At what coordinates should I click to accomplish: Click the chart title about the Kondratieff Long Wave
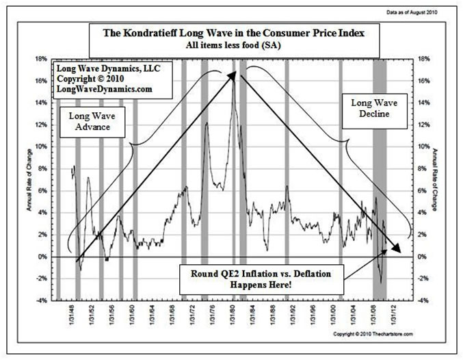click(233, 33)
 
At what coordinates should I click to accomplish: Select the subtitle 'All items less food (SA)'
click(232, 44)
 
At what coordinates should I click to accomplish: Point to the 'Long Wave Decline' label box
click(369, 109)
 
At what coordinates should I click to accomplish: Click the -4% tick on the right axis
click(423, 300)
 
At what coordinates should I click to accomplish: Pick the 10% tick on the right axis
click(424, 146)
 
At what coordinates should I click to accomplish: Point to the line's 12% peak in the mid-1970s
click(206, 124)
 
